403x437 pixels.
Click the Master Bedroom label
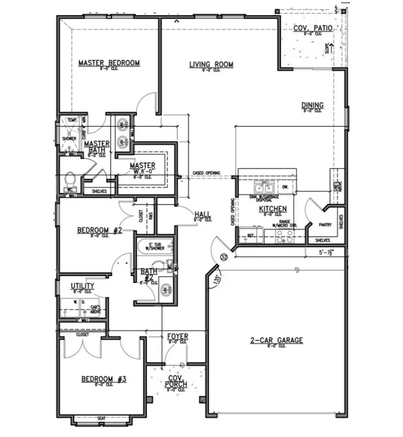tap(109, 63)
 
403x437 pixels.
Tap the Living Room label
tap(211, 65)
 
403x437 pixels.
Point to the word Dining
tap(312, 105)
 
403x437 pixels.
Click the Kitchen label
tap(272, 209)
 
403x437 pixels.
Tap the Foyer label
tap(177, 337)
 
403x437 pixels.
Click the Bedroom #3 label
tap(104, 379)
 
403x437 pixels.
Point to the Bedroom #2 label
tap(99, 230)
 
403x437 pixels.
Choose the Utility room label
tap(82, 286)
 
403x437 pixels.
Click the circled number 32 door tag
tap(224, 256)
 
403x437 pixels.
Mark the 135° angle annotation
tap(216, 281)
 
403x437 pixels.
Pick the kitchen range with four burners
tap(284, 237)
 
